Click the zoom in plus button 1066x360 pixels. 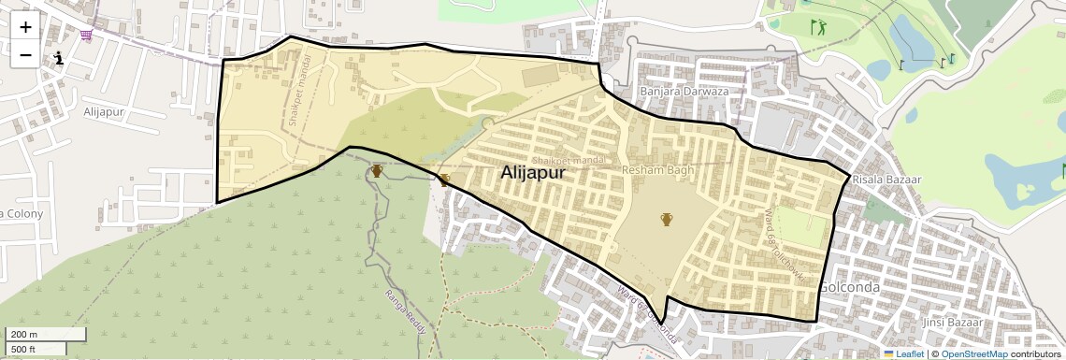tap(25, 27)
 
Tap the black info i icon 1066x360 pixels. tap(59, 58)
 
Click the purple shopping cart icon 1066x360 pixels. tap(87, 36)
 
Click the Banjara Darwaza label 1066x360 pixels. tap(684, 92)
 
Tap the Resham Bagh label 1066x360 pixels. tap(656, 170)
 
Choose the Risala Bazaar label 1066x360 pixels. tap(887, 180)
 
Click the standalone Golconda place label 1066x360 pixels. tap(849, 288)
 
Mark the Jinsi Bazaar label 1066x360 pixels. tap(952, 323)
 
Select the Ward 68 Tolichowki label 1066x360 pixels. tap(785, 246)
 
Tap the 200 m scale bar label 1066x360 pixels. tap(24, 335)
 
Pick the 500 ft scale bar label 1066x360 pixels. tap(23, 350)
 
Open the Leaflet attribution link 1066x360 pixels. tap(903, 354)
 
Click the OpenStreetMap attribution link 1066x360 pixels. tap(974, 354)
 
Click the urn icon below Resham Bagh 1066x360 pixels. tap(667, 220)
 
